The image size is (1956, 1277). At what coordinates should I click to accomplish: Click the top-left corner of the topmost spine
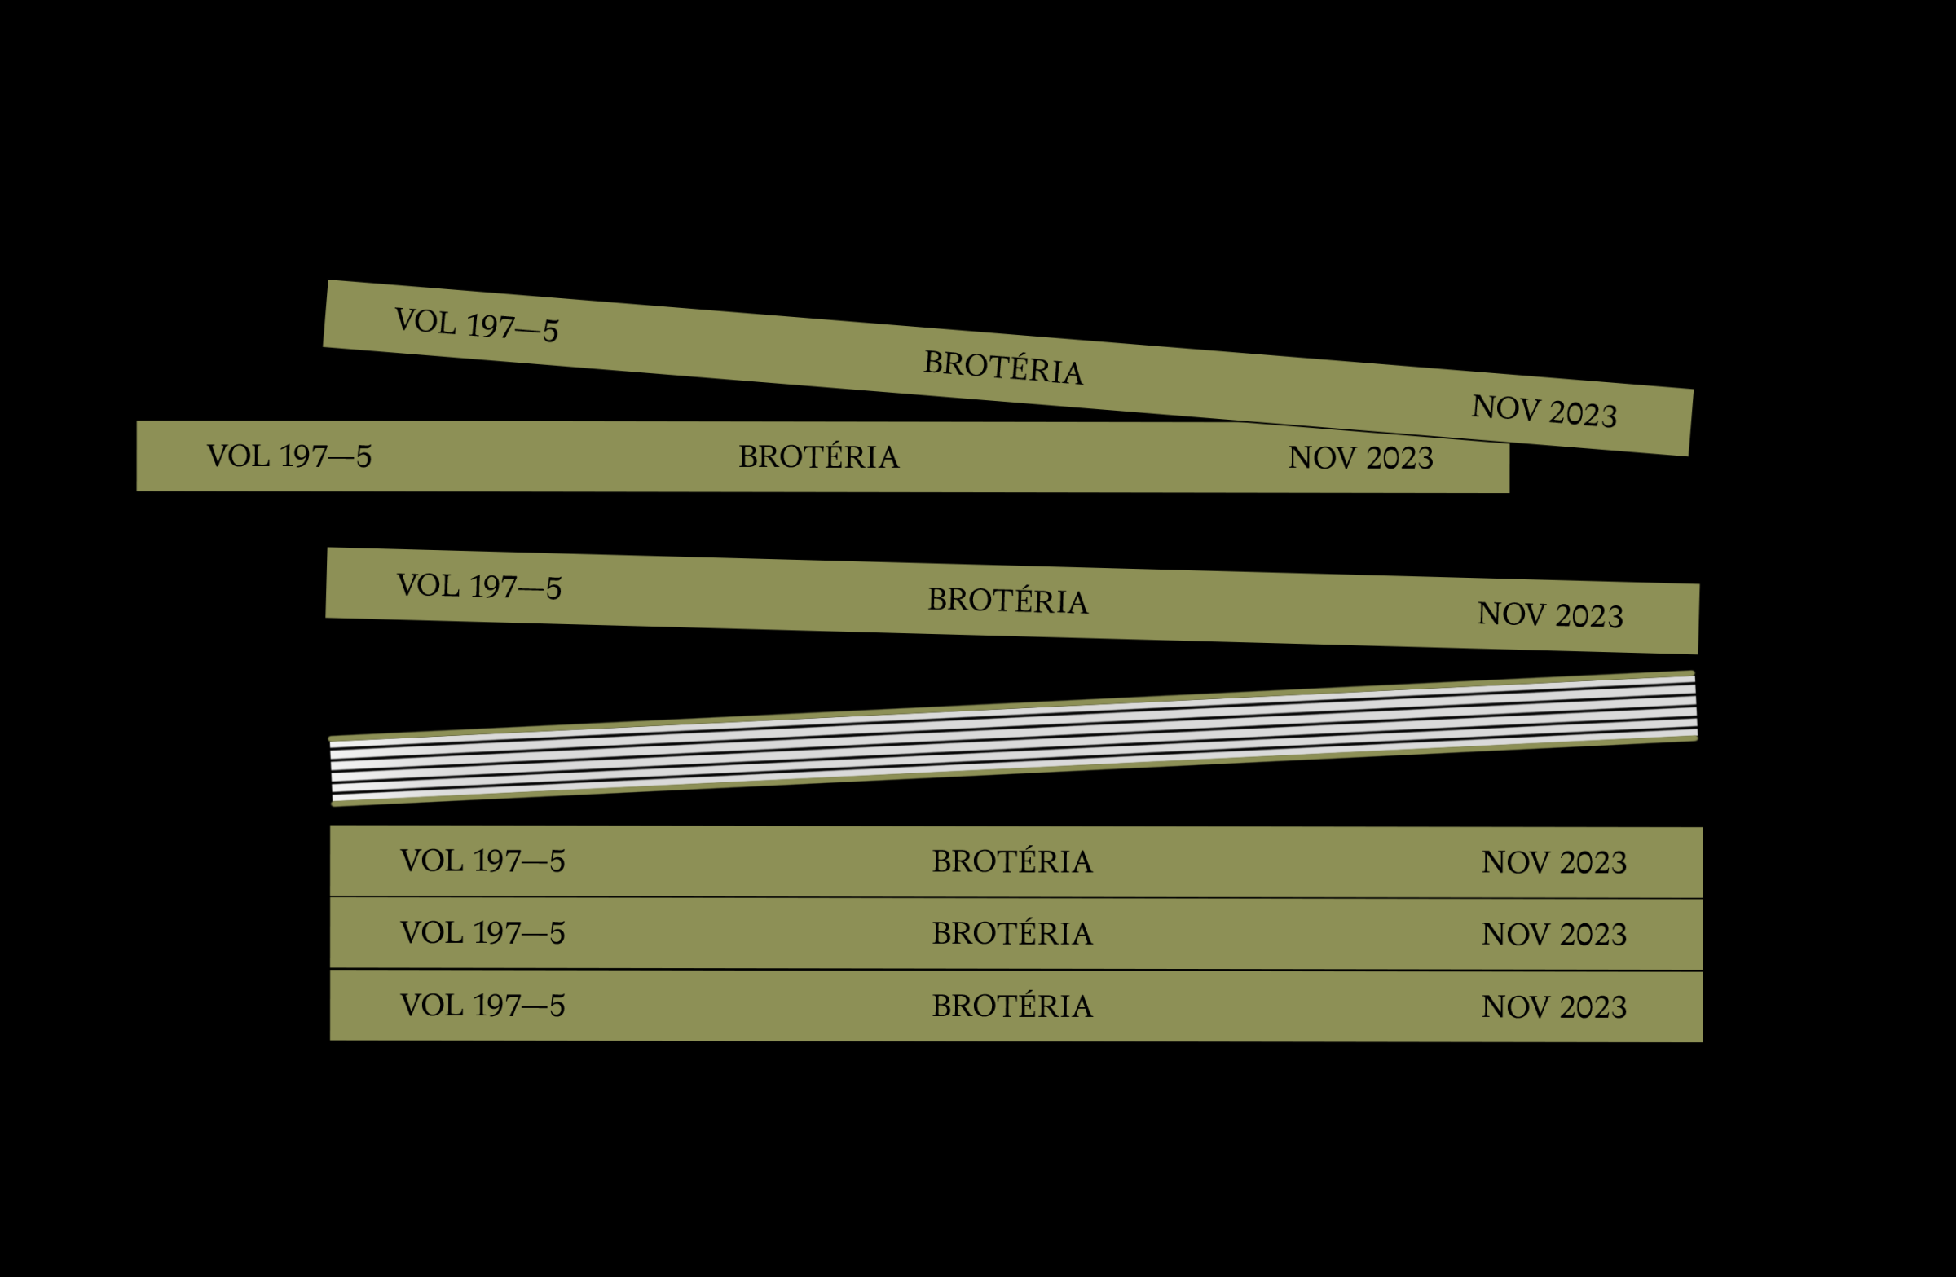tap(328, 280)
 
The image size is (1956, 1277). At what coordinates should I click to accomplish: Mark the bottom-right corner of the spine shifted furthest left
tap(1509, 493)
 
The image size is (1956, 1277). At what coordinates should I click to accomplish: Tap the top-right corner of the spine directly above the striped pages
tap(1699, 583)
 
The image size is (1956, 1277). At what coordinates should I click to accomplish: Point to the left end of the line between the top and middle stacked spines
tap(330, 896)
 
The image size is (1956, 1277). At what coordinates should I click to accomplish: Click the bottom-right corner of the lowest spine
tap(1703, 1043)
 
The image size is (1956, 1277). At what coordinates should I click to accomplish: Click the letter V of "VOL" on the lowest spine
tap(412, 1006)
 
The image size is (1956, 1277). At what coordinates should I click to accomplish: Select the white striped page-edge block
tap(1013, 738)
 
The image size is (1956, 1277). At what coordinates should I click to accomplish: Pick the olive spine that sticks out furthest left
tap(822, 457)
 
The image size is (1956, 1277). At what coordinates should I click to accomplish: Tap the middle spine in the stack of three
tap(1016, 934)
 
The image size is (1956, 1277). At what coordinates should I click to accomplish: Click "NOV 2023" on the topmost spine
tap(1544, 411)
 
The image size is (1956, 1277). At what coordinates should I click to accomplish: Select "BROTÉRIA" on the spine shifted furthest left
tap(818, 457)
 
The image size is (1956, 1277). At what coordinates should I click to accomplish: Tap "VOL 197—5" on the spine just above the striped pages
tap(479, 587)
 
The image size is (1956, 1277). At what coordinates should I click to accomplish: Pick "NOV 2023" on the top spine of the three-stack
tap(1554, 863)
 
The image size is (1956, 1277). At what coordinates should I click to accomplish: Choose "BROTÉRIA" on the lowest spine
tap(1012, 1006)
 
